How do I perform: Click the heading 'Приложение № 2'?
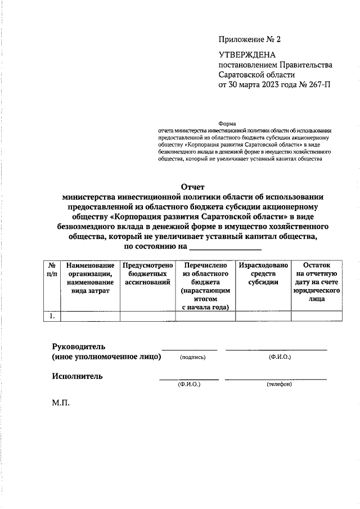tap(249, 39)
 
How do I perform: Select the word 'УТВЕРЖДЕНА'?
tap(247, 55)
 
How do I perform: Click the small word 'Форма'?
tap(227, 124)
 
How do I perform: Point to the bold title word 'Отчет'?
tap(193, 187)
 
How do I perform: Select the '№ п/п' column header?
tap(52, 270)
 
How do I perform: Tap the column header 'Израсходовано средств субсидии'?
tap(263, 274)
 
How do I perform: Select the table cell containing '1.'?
tap(52, 316)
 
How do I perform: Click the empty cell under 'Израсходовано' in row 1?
tap(263, 316)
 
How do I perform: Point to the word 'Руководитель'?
tap(79, 346)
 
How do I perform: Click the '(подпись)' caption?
tap(193, 358)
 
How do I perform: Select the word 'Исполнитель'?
tap(78, 376)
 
